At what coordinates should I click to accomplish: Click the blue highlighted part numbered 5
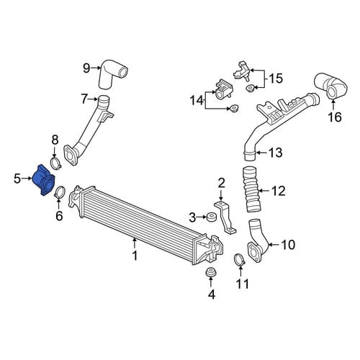click(x=44, y=181)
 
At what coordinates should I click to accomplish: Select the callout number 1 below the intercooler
click(x=135, y=256)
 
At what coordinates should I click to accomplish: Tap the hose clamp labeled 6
click(x=59, y=192)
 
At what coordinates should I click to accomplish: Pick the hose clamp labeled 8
click(x=55, y=163)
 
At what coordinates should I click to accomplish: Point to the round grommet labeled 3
click(x=212, y=217)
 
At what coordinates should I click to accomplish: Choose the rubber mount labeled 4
click(x=211, y=271)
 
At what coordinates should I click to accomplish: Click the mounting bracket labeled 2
click(x=225, y=217)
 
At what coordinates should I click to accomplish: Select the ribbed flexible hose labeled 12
click(x=251, y=189)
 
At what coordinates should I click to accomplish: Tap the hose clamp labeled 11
click(x=240, y=260)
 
